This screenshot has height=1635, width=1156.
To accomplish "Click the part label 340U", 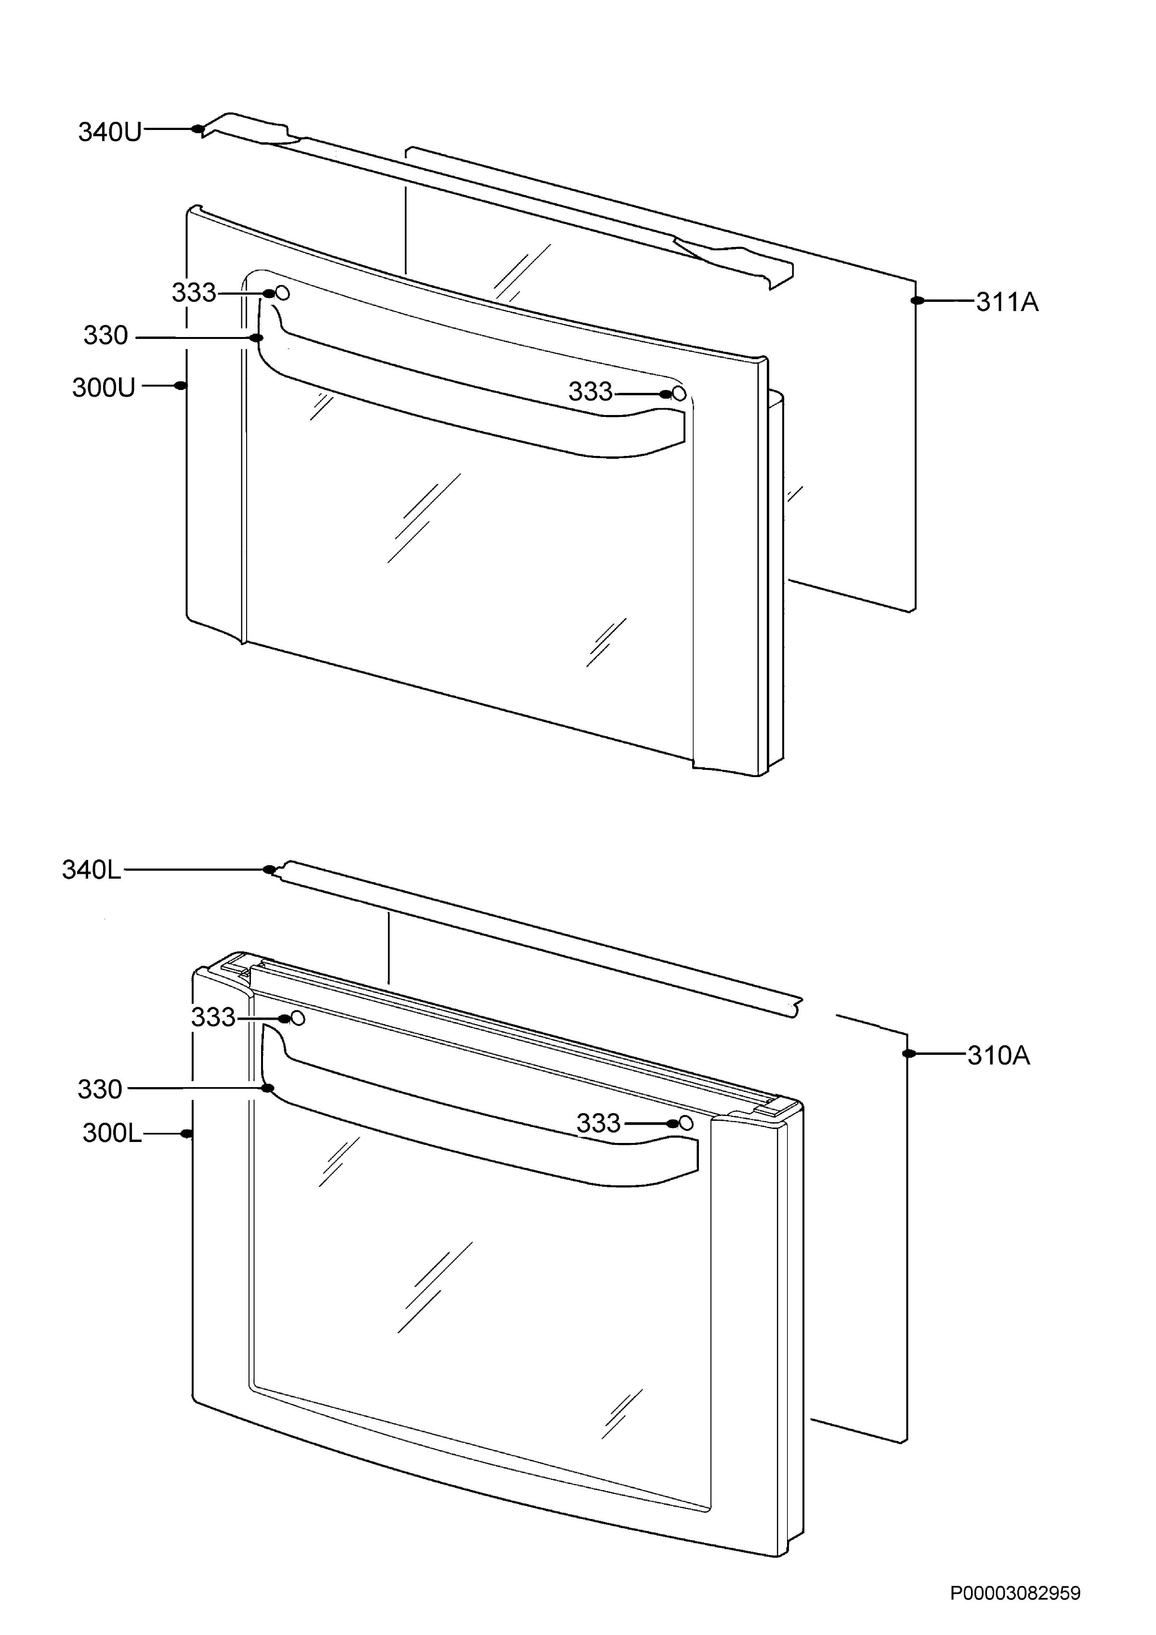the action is click(x=110, y=132).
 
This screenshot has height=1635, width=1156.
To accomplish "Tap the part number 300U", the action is click(x=103, y=388).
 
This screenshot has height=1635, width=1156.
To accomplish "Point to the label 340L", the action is click(x=92, y=869).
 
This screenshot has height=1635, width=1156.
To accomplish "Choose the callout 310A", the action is click(x=998, y=1055).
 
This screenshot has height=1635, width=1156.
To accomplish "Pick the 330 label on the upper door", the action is click(x=105, y=336).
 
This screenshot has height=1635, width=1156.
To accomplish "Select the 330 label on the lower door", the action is click(x=100, y=1090).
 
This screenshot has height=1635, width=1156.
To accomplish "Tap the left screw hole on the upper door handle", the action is click(x=283, y=293).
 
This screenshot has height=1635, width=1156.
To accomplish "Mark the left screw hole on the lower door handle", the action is click(x=299, y=1019).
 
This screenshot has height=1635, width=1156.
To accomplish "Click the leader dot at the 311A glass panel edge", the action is click(x=917, y=301).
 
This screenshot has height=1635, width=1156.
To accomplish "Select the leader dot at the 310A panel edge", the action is click(x=908, y=1054).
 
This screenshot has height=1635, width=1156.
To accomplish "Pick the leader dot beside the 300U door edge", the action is click(x=181, y=386).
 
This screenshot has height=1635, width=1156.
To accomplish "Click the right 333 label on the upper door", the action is click(x=591, y=392).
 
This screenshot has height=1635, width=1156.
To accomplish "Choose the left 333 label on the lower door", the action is click(x=213, y=1018).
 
